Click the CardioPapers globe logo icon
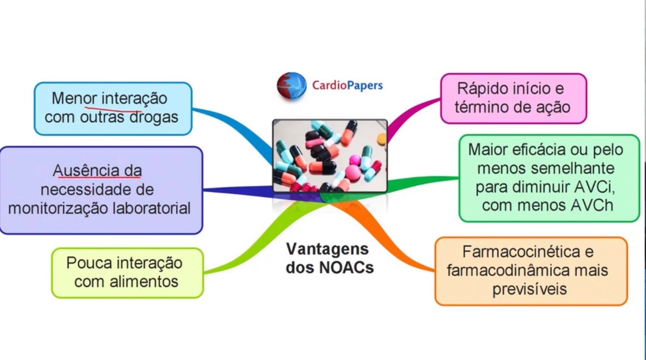pyautogui.click(x=292, y=86)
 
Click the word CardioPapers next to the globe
pyautogui.click(x=347, y=86)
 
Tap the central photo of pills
pyautogui.click(x=330, y=156)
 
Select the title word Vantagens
pyautogui.click(x=327, y=249)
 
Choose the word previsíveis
pyautogui.click(x=530, y=289)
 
